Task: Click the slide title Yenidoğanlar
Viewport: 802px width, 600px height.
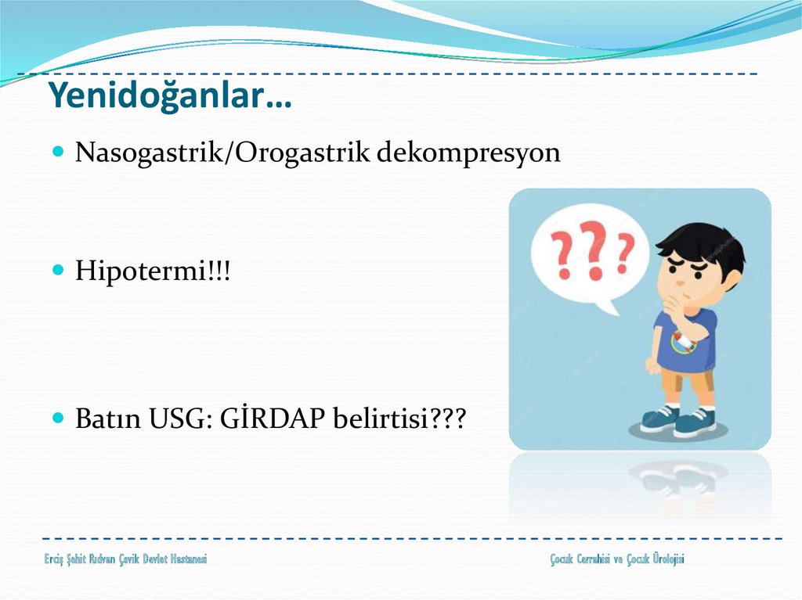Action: (170, 96)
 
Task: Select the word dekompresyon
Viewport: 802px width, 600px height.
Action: (468, 152)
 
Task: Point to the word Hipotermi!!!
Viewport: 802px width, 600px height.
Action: (153, 270)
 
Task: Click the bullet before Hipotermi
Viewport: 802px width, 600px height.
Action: (58, 269)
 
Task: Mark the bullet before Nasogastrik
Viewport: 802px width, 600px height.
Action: (58, 151)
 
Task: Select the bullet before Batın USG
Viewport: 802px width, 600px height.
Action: (58, 418)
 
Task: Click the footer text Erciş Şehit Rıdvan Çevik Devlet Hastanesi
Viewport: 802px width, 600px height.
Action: (125, 559)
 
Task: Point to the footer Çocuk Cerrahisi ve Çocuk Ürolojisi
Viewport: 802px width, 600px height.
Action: (617, 559)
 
